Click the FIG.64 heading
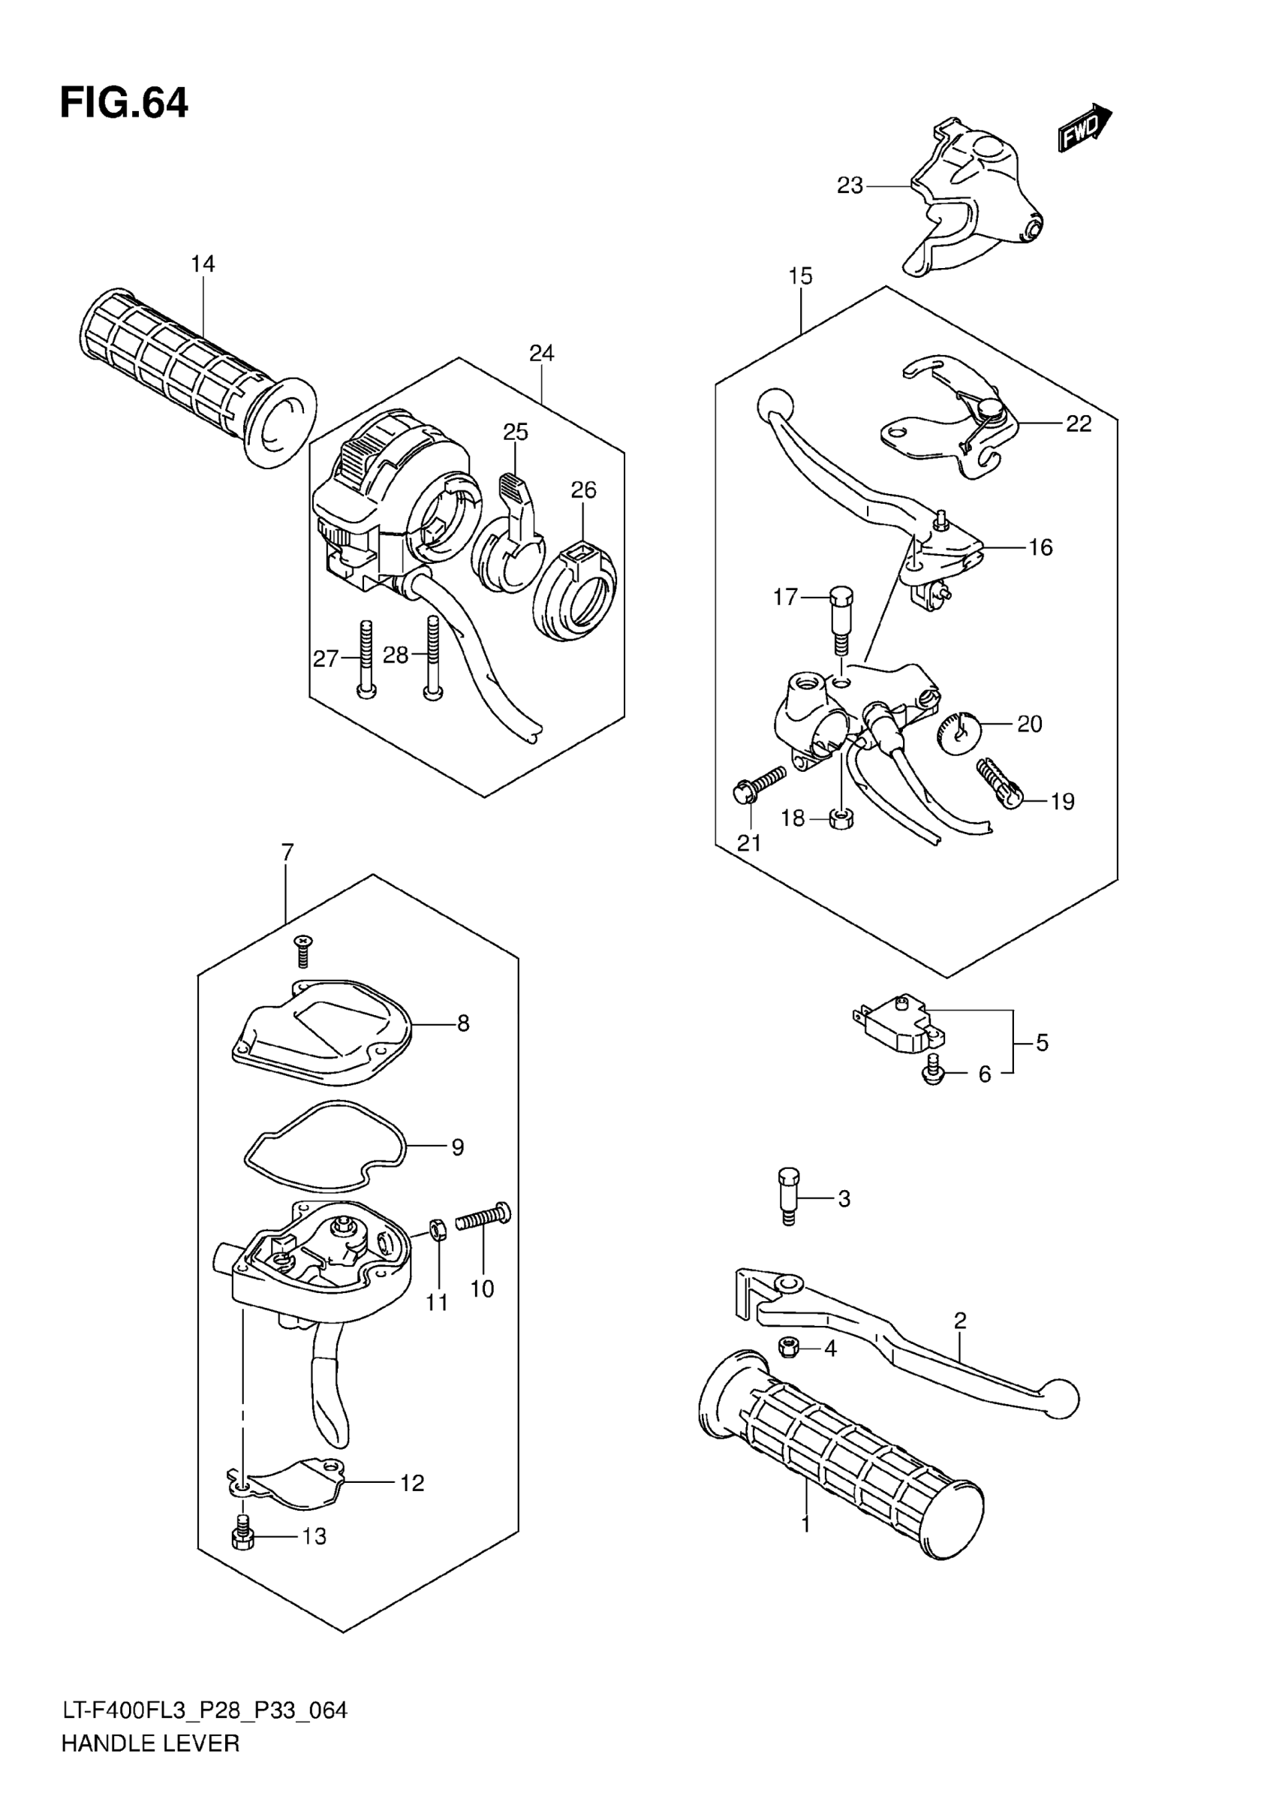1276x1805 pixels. click(x=124, y=103)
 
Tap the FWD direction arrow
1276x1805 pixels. click(x=1085, y=128)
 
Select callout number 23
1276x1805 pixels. click(x=850, y=186)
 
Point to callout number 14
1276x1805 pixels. click(x=203, y=264)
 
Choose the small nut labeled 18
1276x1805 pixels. click(x=842, y=820)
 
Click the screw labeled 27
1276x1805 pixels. click(x=366, y=657)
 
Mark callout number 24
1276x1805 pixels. click(x=541, y=354)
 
